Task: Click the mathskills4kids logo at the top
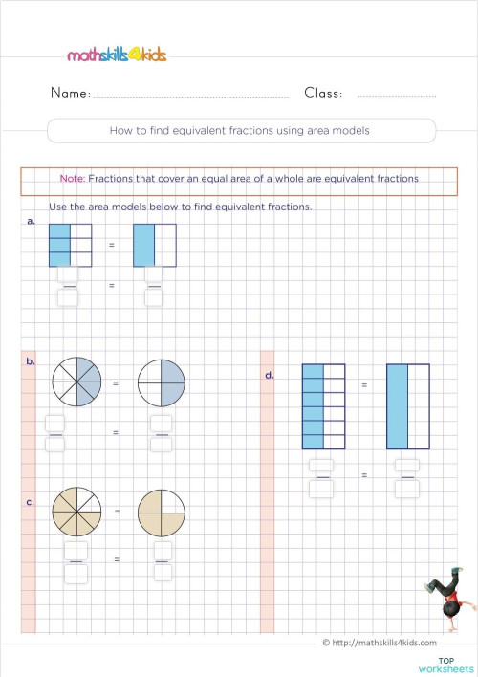(117, 55)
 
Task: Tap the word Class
(323, 94)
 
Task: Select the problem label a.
(33, 221)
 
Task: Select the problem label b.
(32, 362)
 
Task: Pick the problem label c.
(32, 502)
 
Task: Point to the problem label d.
(270, 376)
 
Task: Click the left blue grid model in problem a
(70, 245)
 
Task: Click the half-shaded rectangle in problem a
(154, 245)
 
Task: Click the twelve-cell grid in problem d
(323, 406)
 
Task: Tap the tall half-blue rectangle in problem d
(408, 406)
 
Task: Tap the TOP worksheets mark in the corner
(445, 664)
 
